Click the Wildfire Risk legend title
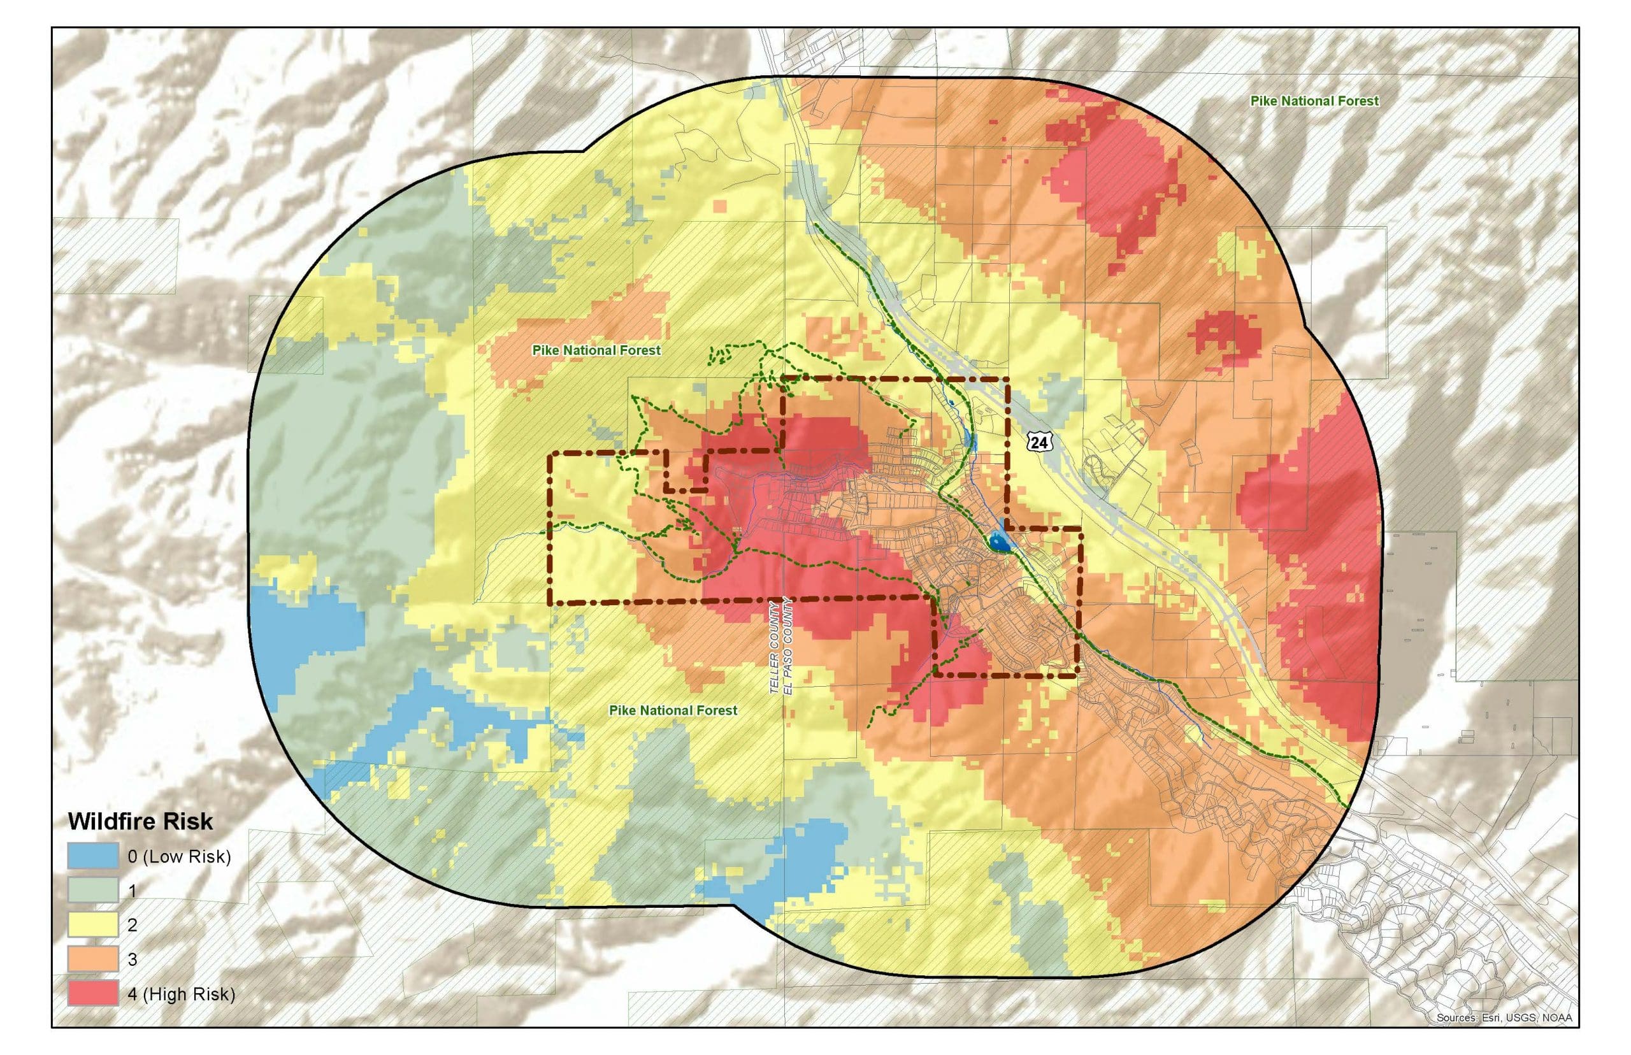[140, 821]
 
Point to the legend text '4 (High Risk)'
[182, 994]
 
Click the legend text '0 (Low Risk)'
[180, 856]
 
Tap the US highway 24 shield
[1038, 443]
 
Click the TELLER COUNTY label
[774, 648]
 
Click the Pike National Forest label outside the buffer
[1314, 101]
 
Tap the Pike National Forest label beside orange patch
[596, 350]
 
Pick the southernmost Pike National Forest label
[673, 710]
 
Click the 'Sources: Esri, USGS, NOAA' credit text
[1504, 1037]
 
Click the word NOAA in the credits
[1556, 1037]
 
